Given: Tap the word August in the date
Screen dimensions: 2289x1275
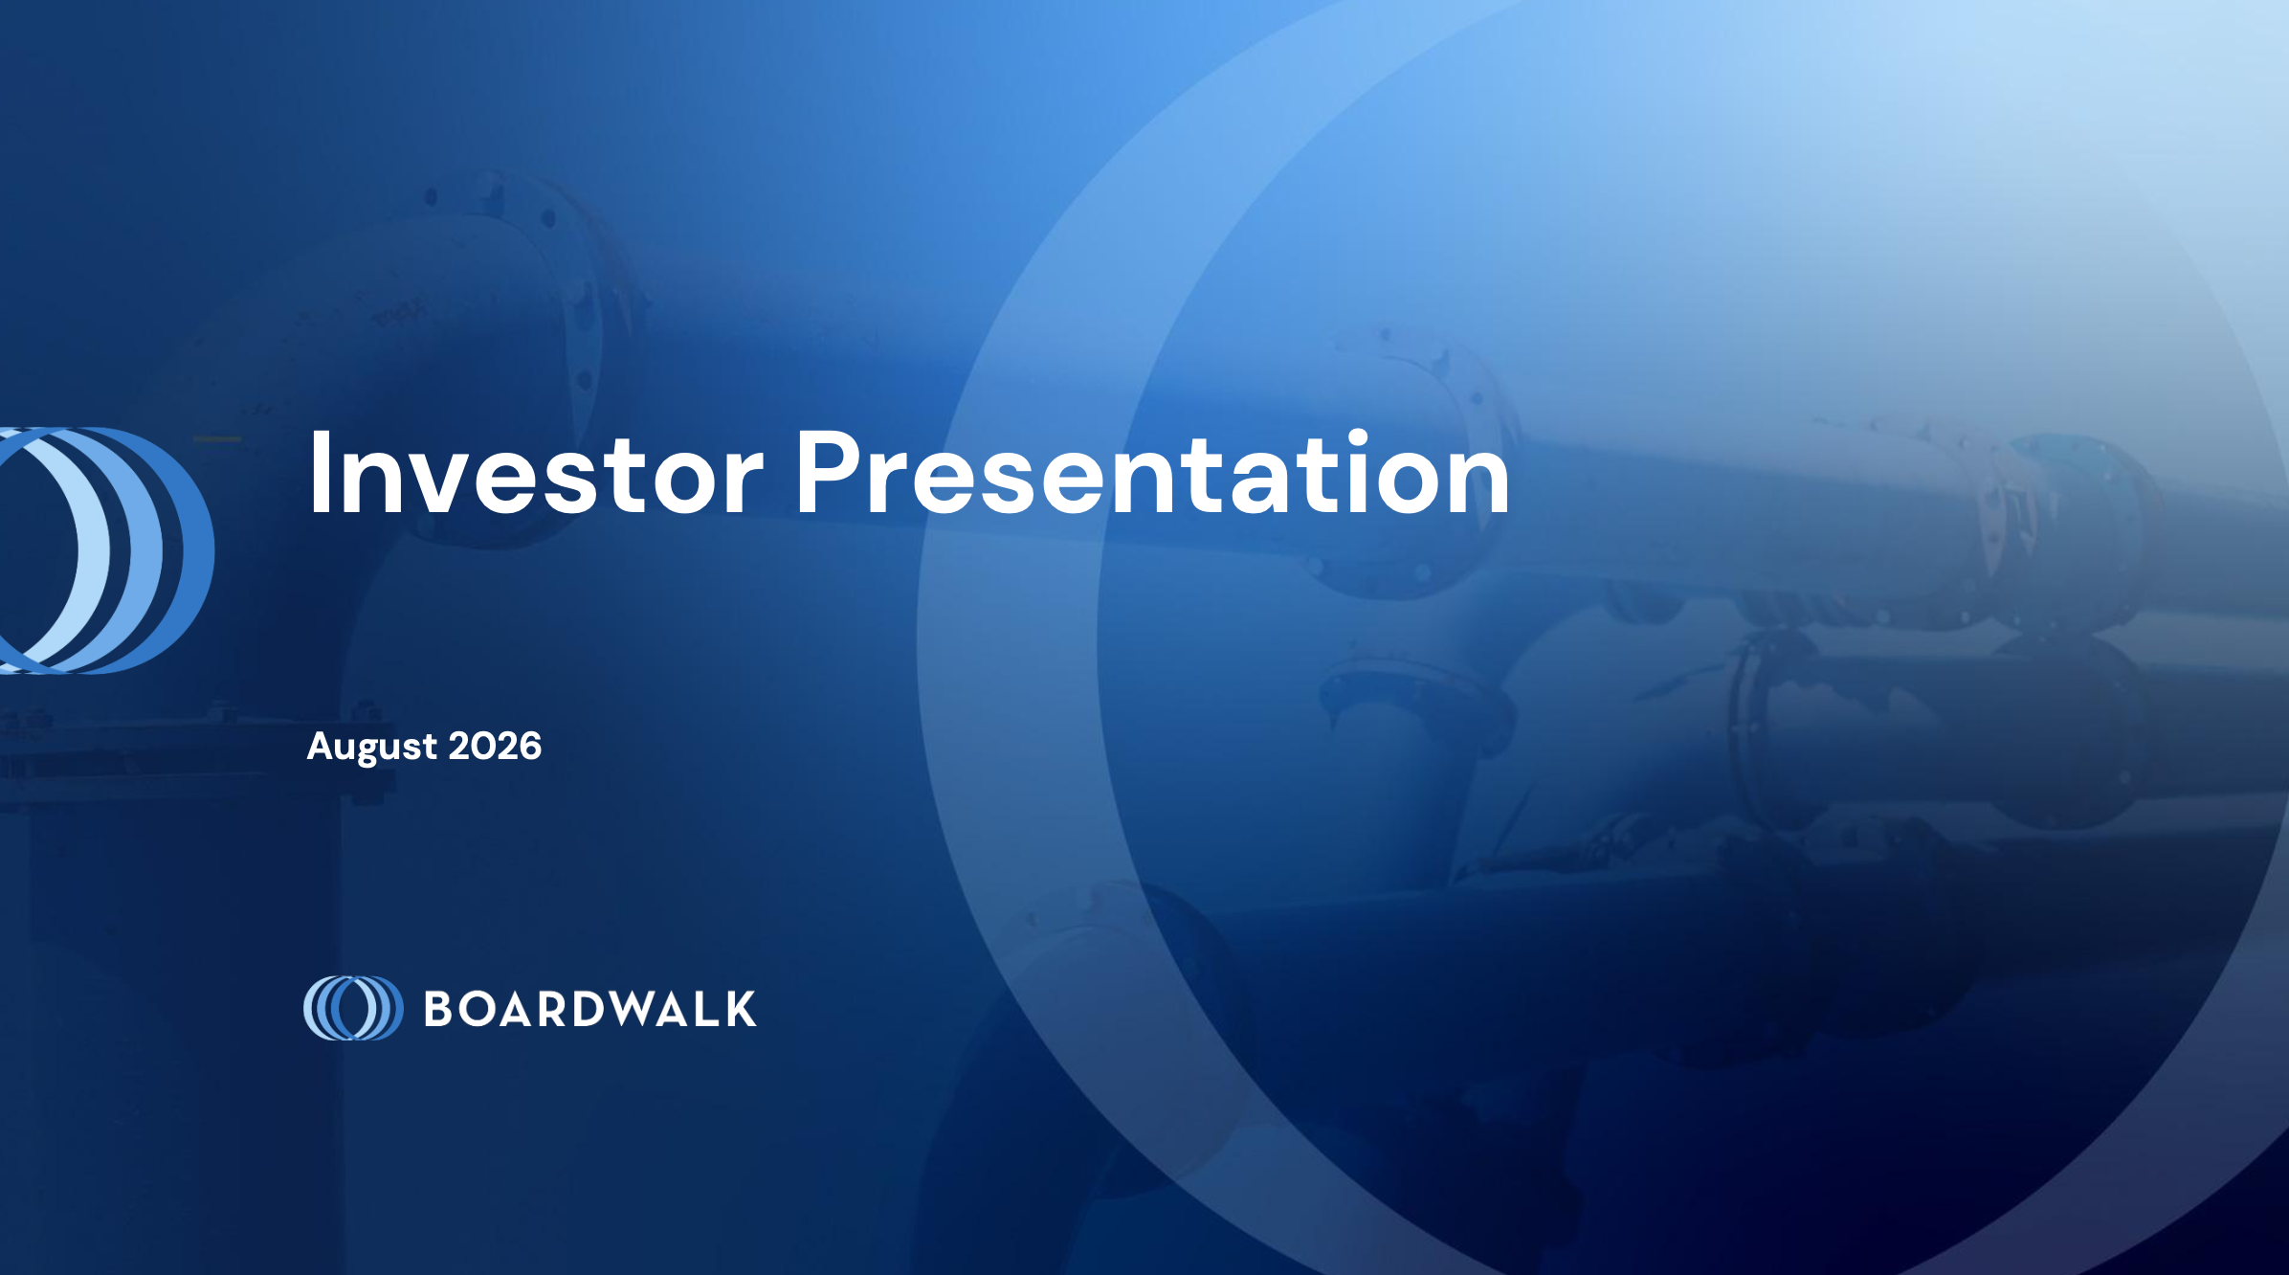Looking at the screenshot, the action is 371,748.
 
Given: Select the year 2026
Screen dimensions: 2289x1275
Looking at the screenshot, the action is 495,746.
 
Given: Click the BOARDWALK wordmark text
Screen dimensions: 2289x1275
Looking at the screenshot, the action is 589,1009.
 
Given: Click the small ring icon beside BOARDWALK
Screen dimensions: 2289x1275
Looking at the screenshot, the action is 353,1008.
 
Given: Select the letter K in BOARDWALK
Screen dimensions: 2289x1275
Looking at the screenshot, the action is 740,1009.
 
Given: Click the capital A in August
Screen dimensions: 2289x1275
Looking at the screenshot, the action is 322,746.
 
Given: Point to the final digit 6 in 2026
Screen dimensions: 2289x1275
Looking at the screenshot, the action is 529,746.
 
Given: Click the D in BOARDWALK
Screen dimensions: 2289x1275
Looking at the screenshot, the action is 589,1009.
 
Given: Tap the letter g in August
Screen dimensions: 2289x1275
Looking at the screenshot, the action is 374,751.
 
